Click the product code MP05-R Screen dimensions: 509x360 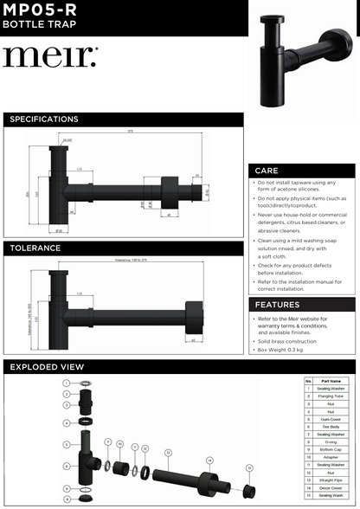[36, 10]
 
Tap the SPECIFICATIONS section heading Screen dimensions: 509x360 [44, 119]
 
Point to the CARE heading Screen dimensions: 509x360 [267, 171]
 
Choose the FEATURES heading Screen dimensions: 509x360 [278, 305]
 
